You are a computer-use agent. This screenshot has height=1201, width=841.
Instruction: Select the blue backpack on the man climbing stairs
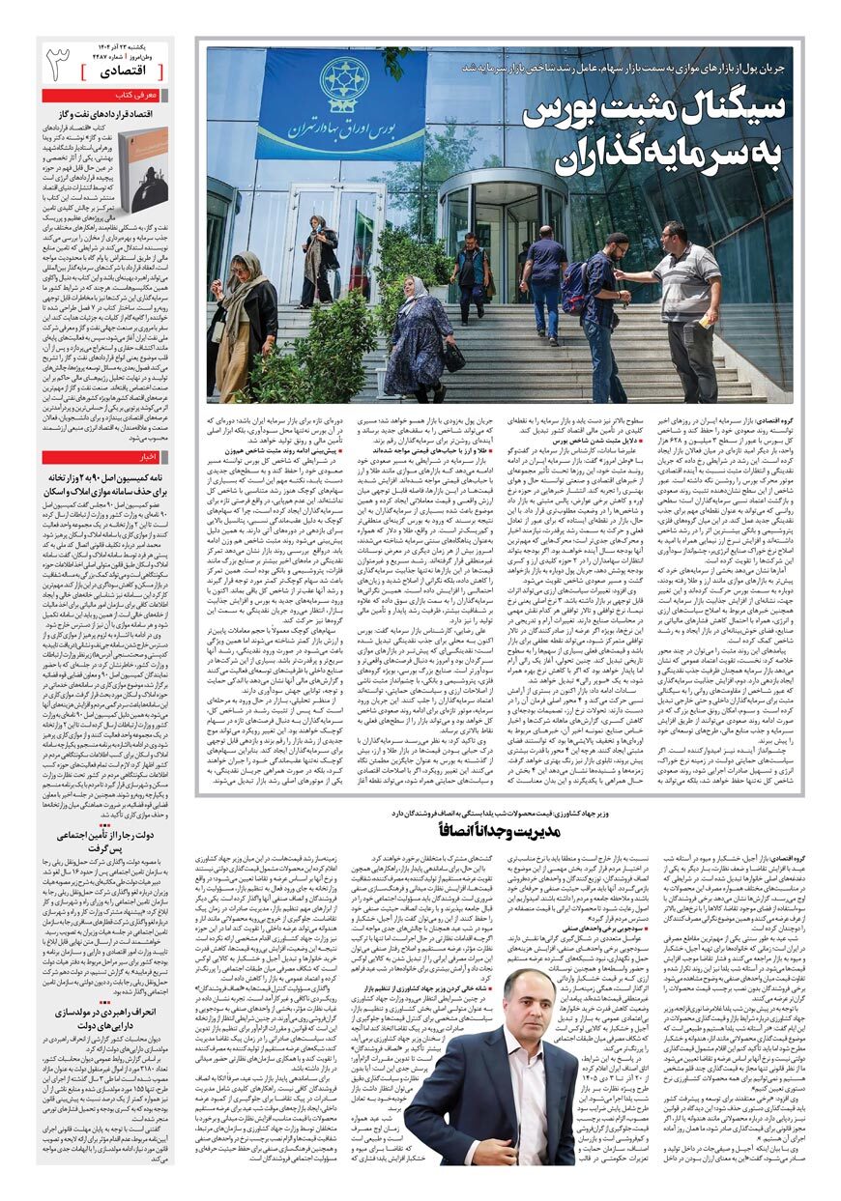[577, 289]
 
